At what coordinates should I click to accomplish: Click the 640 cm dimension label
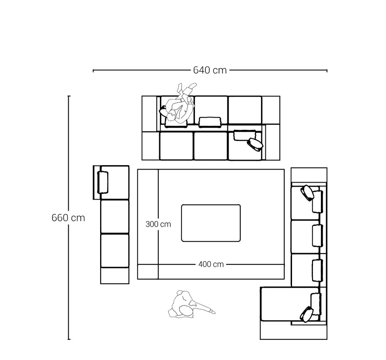(x=210, y=70)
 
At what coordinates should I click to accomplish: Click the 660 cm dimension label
(x=68, y=218)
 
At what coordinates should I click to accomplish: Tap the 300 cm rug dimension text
(x=158, y=224)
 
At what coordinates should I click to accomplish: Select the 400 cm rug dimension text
(x=211, y=264)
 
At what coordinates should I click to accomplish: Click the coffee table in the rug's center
(x=211, y=223)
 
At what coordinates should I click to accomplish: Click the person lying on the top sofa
(x=178, y=104)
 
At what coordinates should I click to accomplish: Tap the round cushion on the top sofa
(x=255, y=145)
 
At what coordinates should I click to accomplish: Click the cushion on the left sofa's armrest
(x=103, y=182)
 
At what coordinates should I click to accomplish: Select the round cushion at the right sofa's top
(x=307, y=193)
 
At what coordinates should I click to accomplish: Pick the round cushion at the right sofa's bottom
(x=307, y=314)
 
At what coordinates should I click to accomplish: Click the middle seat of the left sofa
(x=115, y=217)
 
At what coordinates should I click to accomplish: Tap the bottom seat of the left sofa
(x=115, y=251)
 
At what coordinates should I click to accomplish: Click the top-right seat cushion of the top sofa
(x=245, y=110)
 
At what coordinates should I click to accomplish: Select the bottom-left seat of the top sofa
(x=176, y=146)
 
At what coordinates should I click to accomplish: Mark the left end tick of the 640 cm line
(x=93, y=71)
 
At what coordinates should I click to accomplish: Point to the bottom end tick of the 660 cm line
(x=69, y=339)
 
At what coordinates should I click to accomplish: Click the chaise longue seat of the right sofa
(x=285, y=304)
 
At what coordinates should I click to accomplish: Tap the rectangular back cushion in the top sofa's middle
(x=210, y=122)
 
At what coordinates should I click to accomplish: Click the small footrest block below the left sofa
(x=115, y=276)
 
